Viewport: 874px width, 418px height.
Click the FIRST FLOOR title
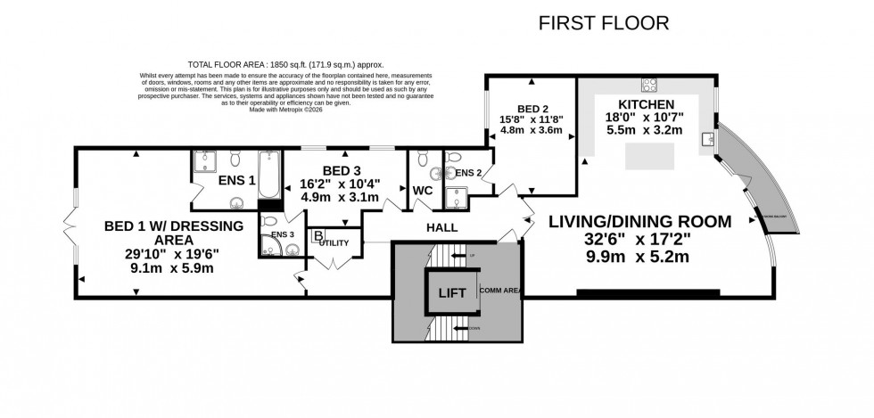coord(604,23)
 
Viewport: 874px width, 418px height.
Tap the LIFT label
coord(449,291)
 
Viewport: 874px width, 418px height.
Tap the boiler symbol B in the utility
coord(317,235)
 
